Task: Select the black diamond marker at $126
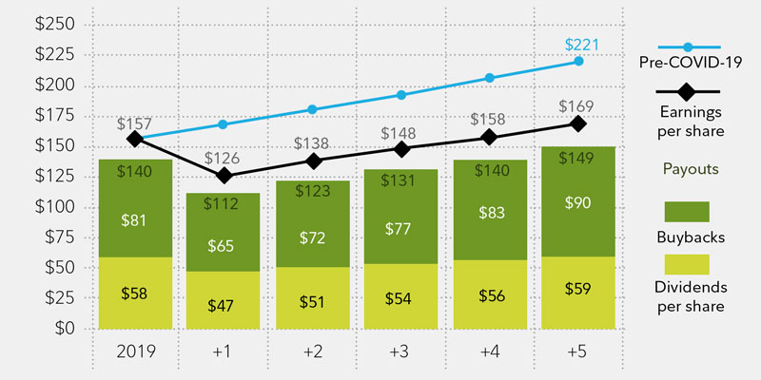click(x=224, y=176)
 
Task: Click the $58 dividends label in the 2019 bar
click(x=134, y=293)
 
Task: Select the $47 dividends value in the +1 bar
click(x=224, y=305)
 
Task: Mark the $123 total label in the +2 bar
click(x=312, y=191)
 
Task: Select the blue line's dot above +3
click(x=400, y=95)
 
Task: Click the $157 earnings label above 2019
click(x=134, y=123)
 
